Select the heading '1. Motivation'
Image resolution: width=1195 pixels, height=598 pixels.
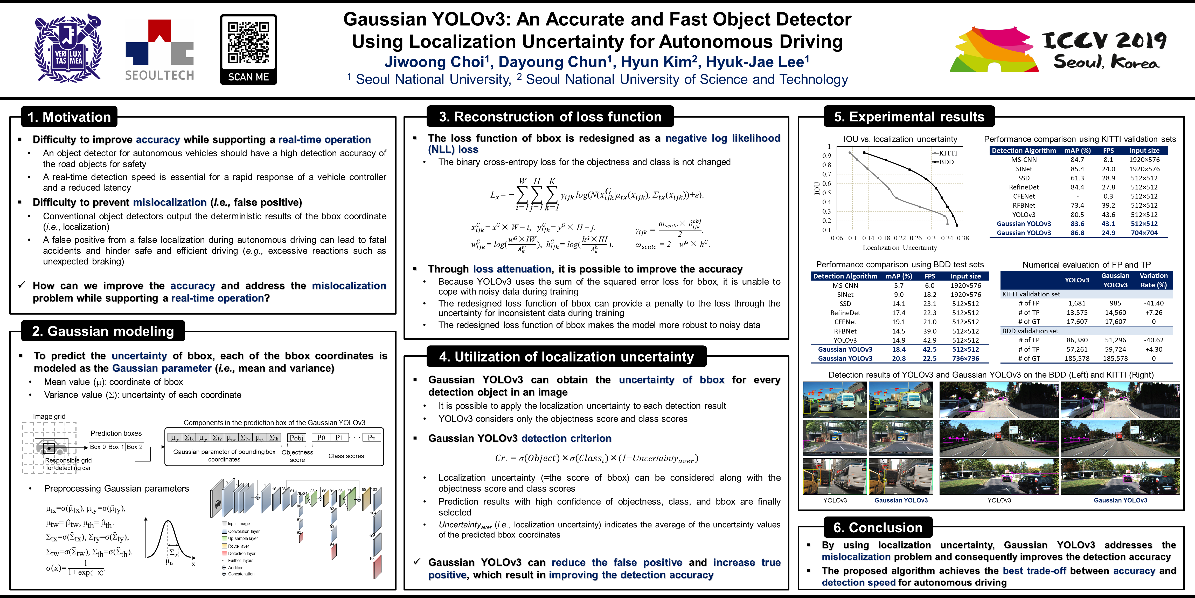click(x=69, y=117)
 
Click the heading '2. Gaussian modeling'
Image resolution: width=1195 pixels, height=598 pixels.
click(x=103, y=331)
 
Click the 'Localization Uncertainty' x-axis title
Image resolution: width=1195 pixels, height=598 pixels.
click(x=900, y=247)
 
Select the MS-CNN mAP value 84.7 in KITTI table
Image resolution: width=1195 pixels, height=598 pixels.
click(x=1077, y=160)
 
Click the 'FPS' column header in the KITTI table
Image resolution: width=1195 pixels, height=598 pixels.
click(x=1108, y=151)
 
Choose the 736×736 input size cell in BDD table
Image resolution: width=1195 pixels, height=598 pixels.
click(x=965, y=358)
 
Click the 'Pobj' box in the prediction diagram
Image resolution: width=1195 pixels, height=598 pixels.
click(x=296, y=438)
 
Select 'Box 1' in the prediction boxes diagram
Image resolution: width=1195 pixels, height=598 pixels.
click(x=116, y=447)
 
